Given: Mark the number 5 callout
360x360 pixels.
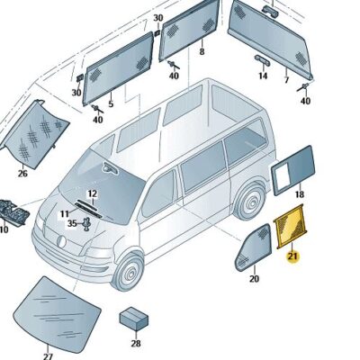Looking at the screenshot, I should pyautogui.click(x=111, y=103).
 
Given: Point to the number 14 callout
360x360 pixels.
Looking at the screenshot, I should pyautogui.click(x=263, y=76).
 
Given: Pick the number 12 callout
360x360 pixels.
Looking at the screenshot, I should pyautogui.click(x=92, y=194).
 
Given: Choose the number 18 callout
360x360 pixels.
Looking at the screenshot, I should pyautogui.click(x=300, y=194).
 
